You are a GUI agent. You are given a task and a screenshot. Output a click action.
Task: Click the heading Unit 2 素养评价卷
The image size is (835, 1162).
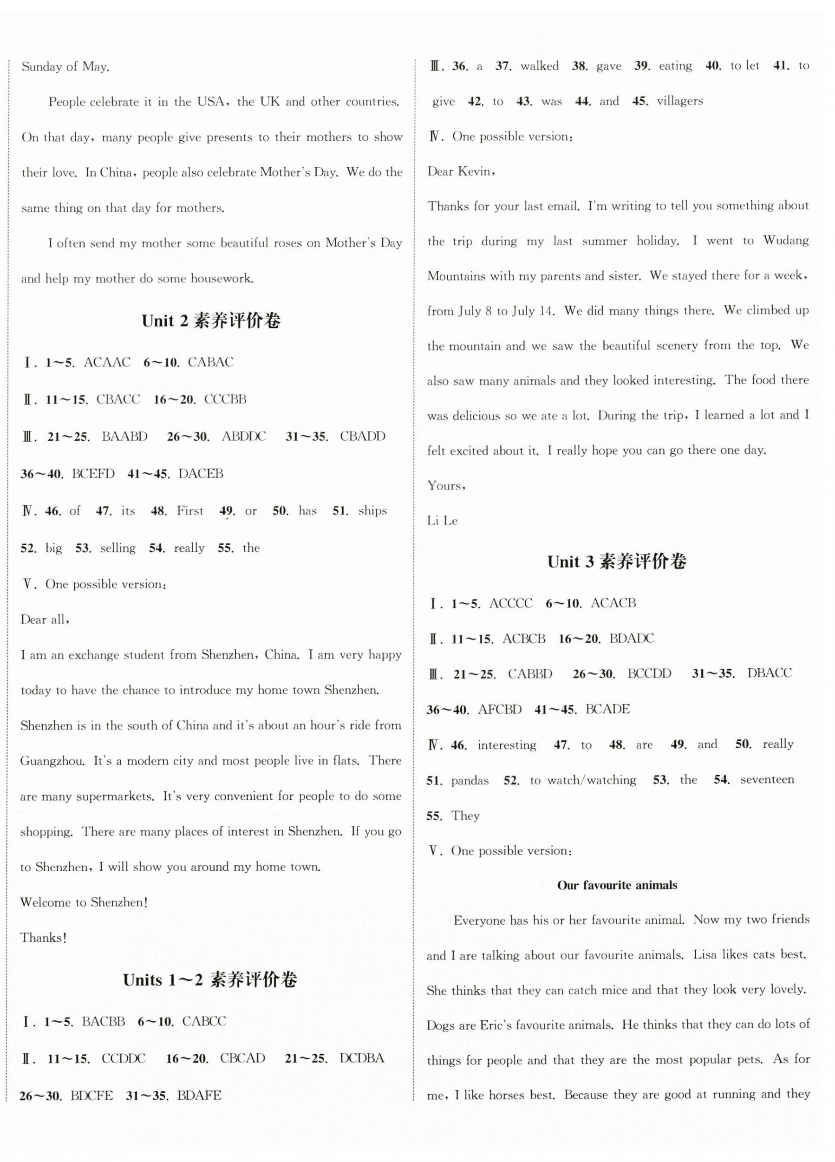(211, 321)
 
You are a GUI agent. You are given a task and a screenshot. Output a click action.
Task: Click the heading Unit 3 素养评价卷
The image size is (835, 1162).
(617, 562)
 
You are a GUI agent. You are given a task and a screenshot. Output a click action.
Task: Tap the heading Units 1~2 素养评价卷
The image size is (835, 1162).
(210, 980)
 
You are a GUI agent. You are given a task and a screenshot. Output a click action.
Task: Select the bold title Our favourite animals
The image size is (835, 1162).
(617, 885)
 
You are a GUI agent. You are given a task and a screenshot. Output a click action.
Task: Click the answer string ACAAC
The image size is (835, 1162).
(107, 362)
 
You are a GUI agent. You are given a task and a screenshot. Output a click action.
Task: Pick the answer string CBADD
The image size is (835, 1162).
(362, 437)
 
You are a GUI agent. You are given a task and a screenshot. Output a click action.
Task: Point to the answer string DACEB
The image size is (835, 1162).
(201, 473)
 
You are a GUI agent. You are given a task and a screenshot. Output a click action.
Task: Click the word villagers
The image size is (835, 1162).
(680, 101)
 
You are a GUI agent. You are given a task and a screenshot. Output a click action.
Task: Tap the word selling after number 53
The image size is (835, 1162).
(118, 548)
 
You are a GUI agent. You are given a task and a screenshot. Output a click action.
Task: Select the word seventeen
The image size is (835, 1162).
(767, 779)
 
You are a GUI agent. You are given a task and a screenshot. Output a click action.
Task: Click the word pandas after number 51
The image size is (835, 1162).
(470, 781)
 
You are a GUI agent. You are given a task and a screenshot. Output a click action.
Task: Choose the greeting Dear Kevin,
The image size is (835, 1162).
(461, 172)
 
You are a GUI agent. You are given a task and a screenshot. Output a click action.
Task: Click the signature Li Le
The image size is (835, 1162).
(442, 521)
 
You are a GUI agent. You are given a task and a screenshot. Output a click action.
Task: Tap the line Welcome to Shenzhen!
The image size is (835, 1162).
(84, 902)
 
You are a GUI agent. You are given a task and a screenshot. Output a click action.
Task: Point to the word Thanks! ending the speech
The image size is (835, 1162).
(44, 938)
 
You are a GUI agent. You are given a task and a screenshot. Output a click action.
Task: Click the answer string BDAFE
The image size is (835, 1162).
(199, 1096)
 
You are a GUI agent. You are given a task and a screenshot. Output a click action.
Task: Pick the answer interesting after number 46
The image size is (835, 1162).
(507, 745)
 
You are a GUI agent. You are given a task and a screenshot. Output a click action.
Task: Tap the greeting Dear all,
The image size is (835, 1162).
(45, 620)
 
